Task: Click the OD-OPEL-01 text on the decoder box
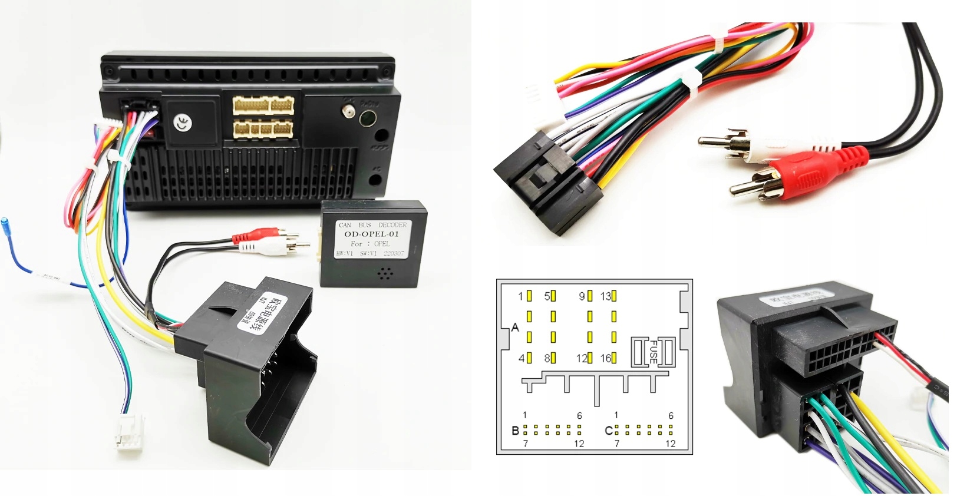pyautogui.click(x=371, y=234)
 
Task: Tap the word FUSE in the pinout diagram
pyautogui.click(x=653, y=352)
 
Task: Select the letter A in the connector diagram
pyautogui.click(x=515, y=328)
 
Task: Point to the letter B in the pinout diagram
pyautogui.click(x=515, y=431)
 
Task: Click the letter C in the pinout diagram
pyautogui.click(x=609, y=431)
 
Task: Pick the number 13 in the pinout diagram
pyautogui.click(x=605, y=296)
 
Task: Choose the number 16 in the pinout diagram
pyautogui.click(x=605, y=358)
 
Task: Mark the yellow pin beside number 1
pyautogui.click(x=529, y=296)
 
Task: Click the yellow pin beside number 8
pyautogui.click(x=553, y=358)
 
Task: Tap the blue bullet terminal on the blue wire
pyautogui.click(x=5, y=224)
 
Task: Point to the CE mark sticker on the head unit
pyautogui.click(x=183, y=123)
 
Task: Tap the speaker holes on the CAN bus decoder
pyautogui.click(x=385, y=273)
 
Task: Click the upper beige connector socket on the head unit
pyautogui.click(x=263, y=105)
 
